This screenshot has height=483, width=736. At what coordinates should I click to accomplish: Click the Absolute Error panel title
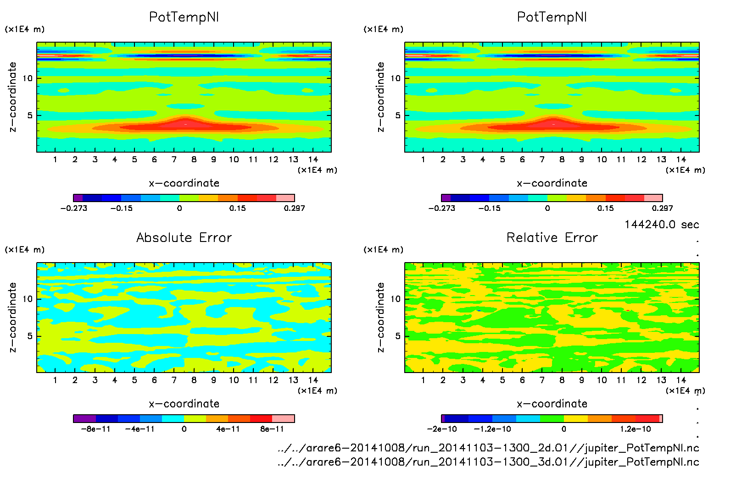(x=184, y=237)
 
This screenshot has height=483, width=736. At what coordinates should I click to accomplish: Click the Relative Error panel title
(x=552, y=237)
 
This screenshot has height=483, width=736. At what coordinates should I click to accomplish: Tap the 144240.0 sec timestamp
(x=662, y=225)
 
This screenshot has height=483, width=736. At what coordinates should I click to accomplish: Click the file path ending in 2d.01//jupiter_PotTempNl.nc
(x=488, y=448)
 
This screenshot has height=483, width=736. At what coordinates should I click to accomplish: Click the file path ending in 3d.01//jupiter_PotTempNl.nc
(x=488, y=461)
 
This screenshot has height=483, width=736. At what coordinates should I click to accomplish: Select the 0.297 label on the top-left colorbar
(x=294, y=208)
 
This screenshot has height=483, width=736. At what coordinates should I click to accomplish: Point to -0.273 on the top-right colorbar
(x=441, y=208)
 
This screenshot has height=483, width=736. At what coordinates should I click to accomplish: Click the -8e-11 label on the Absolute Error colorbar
(x=96, y=429)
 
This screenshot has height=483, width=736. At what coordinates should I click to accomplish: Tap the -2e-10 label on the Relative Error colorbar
(x=442, y=429)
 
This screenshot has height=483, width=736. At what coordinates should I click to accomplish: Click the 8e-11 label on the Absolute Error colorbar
(x=272, y=429)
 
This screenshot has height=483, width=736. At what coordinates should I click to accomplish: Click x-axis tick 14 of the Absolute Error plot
(x=313, y=380)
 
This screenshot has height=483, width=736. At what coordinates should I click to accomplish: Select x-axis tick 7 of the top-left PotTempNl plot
(x=174, y=159)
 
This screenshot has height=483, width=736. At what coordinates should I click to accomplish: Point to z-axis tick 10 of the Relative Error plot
(x=396, y=299)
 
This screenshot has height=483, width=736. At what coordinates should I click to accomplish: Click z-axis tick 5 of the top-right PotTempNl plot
(x=398, y=115)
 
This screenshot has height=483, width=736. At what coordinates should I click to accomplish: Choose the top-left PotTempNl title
(x=184, y=17)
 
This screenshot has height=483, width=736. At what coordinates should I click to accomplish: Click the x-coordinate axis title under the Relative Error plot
(x=552, y=404)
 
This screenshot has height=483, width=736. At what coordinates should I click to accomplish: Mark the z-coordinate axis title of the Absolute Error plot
(x=13, y=317)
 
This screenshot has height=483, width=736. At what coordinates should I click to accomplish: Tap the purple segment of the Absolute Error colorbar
(x=85, y=418)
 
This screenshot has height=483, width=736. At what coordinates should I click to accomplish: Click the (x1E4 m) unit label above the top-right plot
(x=384, y=29)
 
